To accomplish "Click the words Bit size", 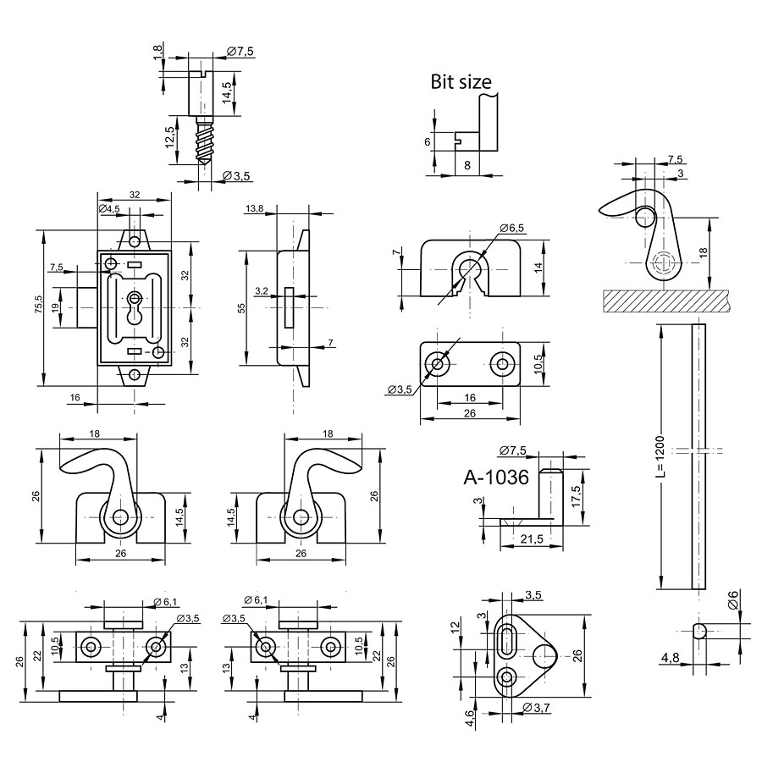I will tap(461, 81).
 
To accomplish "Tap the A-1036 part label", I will tap(496, 478).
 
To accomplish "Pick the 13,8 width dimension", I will tap(253, 208).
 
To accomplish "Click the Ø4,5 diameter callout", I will tap(109, 208).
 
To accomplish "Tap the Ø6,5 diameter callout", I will tap(513, 228).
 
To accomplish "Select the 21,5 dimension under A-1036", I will tap(533, 539).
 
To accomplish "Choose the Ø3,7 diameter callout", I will tap(538, 707).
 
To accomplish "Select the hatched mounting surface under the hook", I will tap(665, 299).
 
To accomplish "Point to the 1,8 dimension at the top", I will tap(157, 52).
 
